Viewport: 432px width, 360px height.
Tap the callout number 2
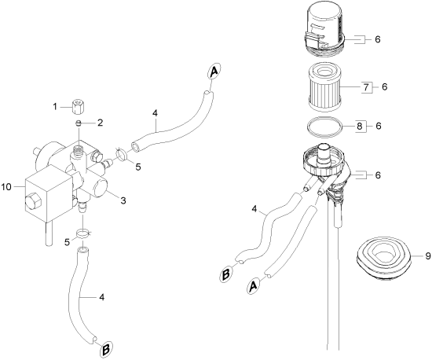coord(100,123)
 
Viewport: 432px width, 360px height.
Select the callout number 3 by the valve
coord(123,200)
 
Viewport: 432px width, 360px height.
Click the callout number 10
coord(6,187)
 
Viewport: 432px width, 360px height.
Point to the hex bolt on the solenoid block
coord(33,202)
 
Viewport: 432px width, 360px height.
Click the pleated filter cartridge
coord(324,88)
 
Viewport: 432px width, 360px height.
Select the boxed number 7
coord(366,88)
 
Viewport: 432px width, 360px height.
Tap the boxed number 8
coord(359,127)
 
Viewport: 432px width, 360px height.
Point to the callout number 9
coord(427,256)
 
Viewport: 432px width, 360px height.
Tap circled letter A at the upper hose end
coord(214,72)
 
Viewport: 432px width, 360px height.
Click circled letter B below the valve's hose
coord(106,349)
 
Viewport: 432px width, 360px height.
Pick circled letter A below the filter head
coord(253,286)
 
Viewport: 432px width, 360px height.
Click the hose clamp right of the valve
coord(121,153)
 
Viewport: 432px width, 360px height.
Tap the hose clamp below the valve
coord(83,233)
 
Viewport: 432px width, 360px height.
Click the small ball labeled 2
coord(79,123)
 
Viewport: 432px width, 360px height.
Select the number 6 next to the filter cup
coord(378,39)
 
